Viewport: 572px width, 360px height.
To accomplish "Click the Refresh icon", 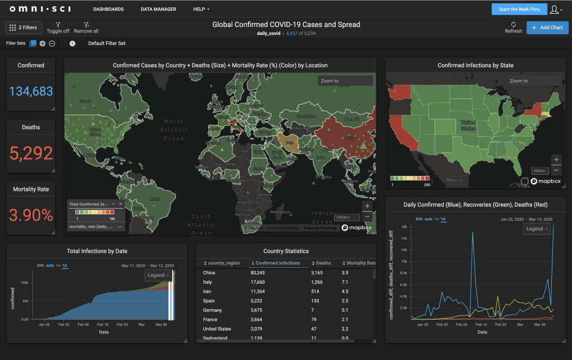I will coord(513,24).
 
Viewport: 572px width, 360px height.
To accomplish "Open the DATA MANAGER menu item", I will coord(158,10).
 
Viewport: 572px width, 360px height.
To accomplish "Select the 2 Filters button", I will coord(24,28).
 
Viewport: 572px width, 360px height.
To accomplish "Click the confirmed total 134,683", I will coord(31,91).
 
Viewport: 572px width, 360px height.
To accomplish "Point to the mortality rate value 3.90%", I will coord(31,215).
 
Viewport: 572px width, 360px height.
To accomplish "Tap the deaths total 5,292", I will coord(31,154).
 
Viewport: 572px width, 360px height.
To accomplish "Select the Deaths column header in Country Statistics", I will coord(323,263).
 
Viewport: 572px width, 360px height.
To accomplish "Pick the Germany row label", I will coord(212,310).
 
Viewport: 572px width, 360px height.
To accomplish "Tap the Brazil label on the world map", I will coord(154,199).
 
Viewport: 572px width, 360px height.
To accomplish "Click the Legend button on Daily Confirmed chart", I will coord(537,229).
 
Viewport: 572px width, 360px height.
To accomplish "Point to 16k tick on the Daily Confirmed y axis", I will coord(403,227).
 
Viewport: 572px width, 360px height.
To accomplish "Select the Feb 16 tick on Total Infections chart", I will coord(103,325).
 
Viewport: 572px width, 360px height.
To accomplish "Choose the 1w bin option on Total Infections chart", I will coord(58,266).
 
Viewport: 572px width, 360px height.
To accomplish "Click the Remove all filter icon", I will coord(86,24).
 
